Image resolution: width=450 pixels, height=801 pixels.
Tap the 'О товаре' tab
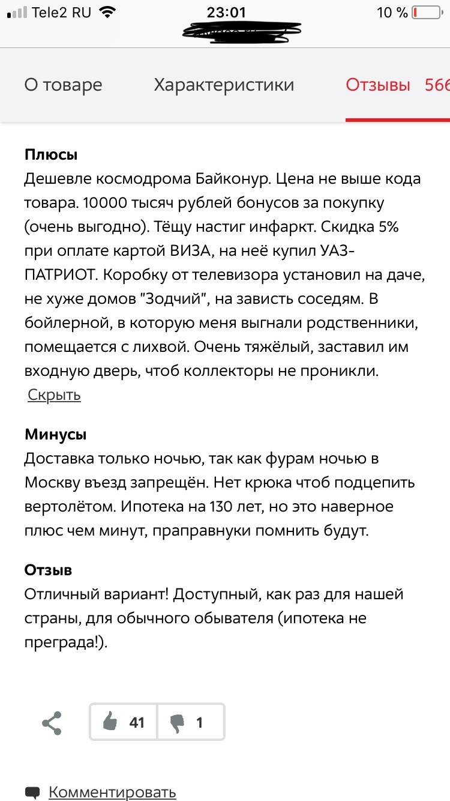63,85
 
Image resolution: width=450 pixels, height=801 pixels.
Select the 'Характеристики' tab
224,85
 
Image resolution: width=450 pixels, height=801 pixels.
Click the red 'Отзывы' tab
378,85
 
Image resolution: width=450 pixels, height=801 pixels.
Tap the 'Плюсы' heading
51,154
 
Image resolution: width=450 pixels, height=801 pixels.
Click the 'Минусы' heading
55,434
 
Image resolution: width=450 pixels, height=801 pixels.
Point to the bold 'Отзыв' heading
48,569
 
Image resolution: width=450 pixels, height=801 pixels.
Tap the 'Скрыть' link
54,394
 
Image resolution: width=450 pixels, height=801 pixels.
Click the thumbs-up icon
110,722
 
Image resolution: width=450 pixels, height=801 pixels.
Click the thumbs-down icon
178,722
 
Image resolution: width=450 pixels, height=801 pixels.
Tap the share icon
52,723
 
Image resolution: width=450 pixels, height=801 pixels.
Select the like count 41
137,722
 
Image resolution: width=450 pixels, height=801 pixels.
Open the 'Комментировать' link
112,792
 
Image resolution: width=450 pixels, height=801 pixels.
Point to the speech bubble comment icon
33,792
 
